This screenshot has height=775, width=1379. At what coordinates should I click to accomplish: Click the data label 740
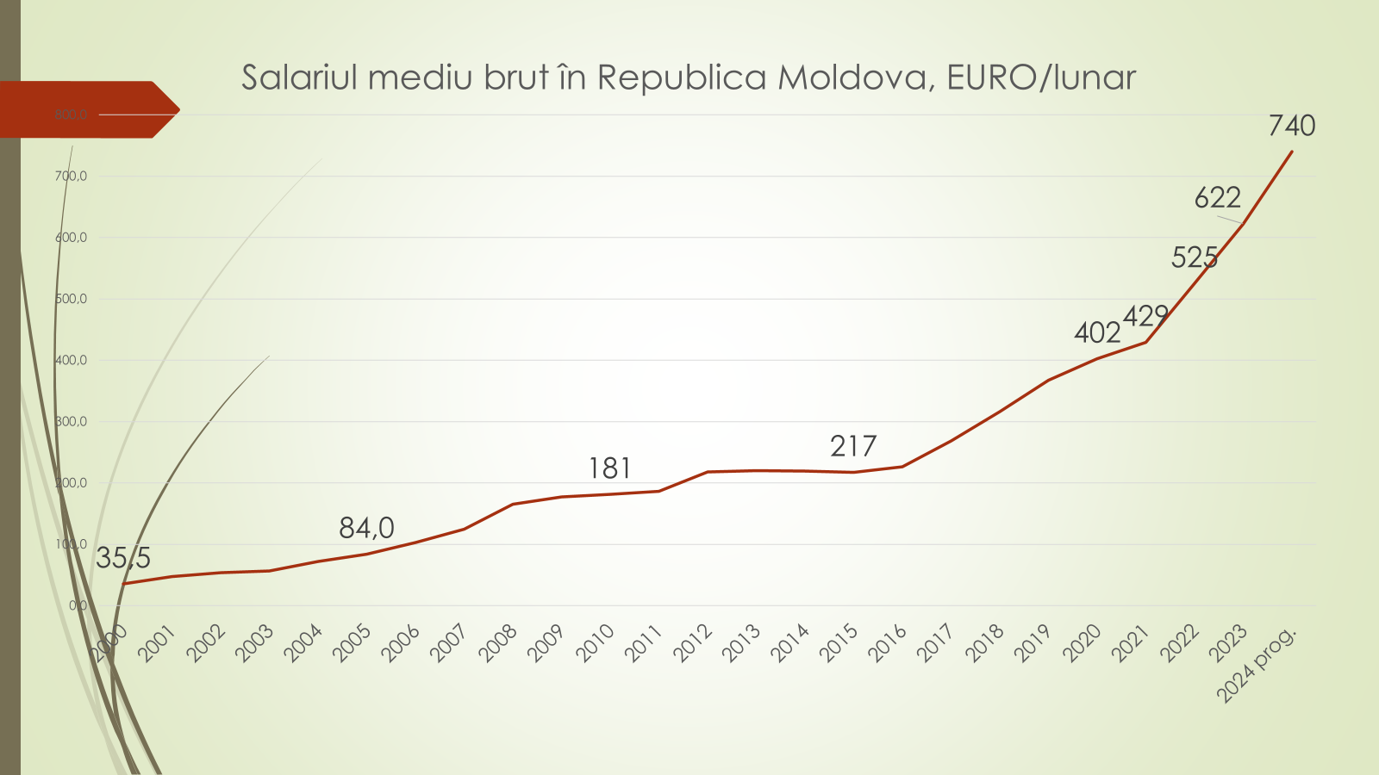coord(1292,127)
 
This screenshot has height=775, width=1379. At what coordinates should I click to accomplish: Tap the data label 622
coord(1217,199)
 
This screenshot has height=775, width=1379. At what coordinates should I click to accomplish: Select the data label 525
coord(1195,257)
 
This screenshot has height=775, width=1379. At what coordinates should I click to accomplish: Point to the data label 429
coord(1145,316)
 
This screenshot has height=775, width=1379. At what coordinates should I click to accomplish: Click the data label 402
coord(1097,332)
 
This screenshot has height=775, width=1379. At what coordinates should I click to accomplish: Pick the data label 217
coord(853,447)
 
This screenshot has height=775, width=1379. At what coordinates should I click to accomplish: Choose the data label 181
coord(609,468)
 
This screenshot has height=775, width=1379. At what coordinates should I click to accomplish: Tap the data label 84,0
coord(366,528)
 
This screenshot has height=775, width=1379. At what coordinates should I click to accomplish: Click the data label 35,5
coord(123,559)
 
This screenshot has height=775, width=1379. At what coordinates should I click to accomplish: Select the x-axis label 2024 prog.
coord(1257,665)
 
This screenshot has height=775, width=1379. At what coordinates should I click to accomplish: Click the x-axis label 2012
coord(694,643)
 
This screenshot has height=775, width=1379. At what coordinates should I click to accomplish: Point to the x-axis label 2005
coord(353,643)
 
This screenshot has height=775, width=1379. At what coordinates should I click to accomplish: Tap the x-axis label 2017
coord(937,643)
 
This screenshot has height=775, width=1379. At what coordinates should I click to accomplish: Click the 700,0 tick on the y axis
coord(72,177)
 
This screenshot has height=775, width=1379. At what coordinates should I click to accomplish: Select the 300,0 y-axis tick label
coord(72,422)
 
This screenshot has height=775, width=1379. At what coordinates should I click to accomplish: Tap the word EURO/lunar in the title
coord(1041,77)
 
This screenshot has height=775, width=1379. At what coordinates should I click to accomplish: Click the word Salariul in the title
coord(297,77)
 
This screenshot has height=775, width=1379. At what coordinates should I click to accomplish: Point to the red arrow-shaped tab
coord(86,109)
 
